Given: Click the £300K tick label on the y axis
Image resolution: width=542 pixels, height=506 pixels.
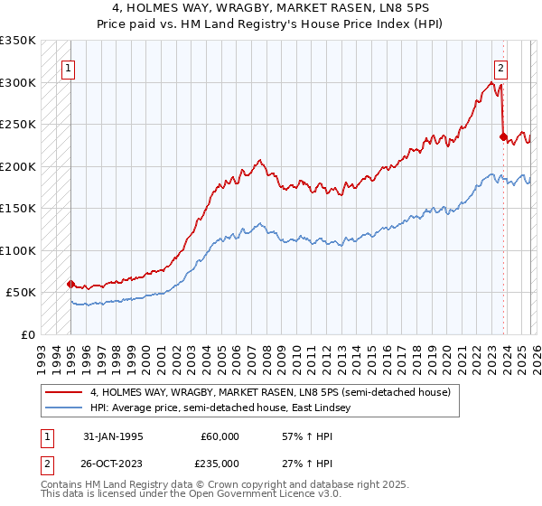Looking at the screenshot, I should click(18, 82).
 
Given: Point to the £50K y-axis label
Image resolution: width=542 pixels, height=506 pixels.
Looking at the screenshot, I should click(21, 293).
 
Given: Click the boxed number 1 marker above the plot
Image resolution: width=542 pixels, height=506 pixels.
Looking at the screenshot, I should click(70, 66).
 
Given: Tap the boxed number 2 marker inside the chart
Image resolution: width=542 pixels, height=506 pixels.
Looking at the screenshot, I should click(500, 66).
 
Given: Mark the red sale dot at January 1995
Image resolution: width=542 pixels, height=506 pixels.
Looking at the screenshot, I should click(70, 284).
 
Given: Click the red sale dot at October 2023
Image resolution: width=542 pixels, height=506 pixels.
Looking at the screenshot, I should click(502, 136).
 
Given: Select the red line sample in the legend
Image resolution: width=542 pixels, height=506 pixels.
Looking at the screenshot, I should click(64, 393).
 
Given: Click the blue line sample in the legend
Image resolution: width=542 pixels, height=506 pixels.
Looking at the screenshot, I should click(64, 408).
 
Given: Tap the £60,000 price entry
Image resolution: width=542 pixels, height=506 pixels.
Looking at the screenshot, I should click(220, 436).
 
